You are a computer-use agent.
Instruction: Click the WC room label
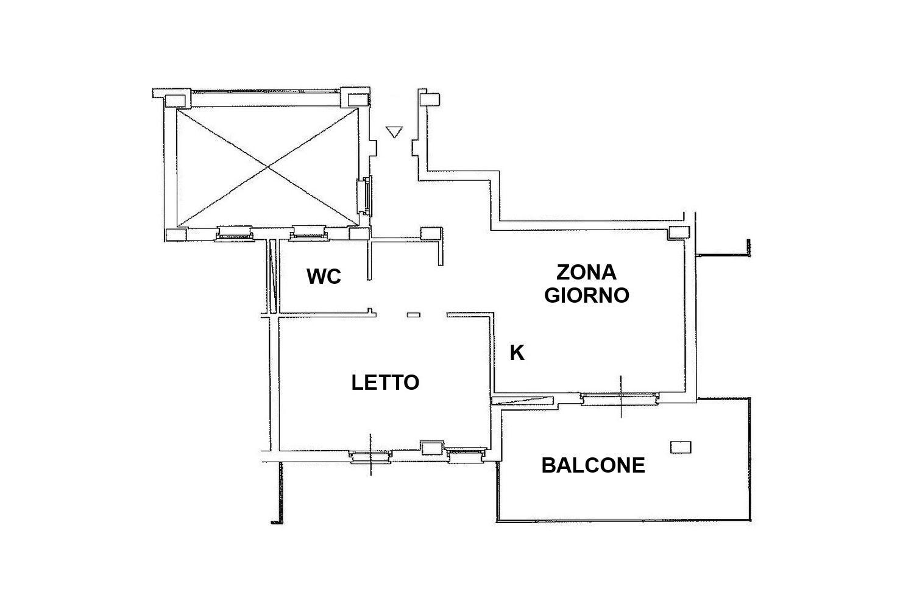324,276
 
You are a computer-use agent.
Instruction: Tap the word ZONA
586,272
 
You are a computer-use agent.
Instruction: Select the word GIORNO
586,295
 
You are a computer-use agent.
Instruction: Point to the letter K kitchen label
517,353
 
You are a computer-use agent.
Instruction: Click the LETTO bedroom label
385,382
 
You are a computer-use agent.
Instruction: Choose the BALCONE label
593,465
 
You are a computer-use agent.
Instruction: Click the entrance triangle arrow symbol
394,132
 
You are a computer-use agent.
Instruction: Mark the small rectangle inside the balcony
681,447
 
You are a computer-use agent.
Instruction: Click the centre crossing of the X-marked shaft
267,166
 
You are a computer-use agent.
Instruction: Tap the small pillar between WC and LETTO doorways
414,314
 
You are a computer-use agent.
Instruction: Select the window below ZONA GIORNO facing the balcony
620,398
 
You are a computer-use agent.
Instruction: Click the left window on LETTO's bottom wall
370,456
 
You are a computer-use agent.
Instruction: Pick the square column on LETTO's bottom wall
433,448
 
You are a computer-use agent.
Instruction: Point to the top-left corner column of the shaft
175,100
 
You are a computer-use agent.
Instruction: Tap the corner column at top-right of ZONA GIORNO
678,233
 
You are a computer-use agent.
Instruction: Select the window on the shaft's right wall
364,196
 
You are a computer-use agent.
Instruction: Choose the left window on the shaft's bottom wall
234,233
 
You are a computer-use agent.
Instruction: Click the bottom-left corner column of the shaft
176,234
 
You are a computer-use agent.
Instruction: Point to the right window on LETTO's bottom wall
467,455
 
